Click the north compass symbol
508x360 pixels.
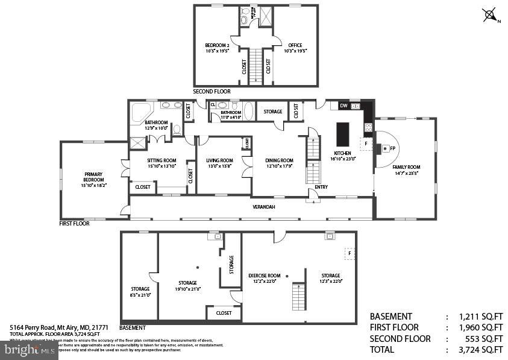coord(491,15)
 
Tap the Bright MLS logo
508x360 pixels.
coord(30,350)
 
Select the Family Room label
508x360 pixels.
coord(406,167)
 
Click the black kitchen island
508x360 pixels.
coord(342,134)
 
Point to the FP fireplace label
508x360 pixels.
coord(392,148)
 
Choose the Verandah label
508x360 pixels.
coord(263,207)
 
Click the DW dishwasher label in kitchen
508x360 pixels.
coord(343,106)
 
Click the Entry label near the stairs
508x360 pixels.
coord(321,187)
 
